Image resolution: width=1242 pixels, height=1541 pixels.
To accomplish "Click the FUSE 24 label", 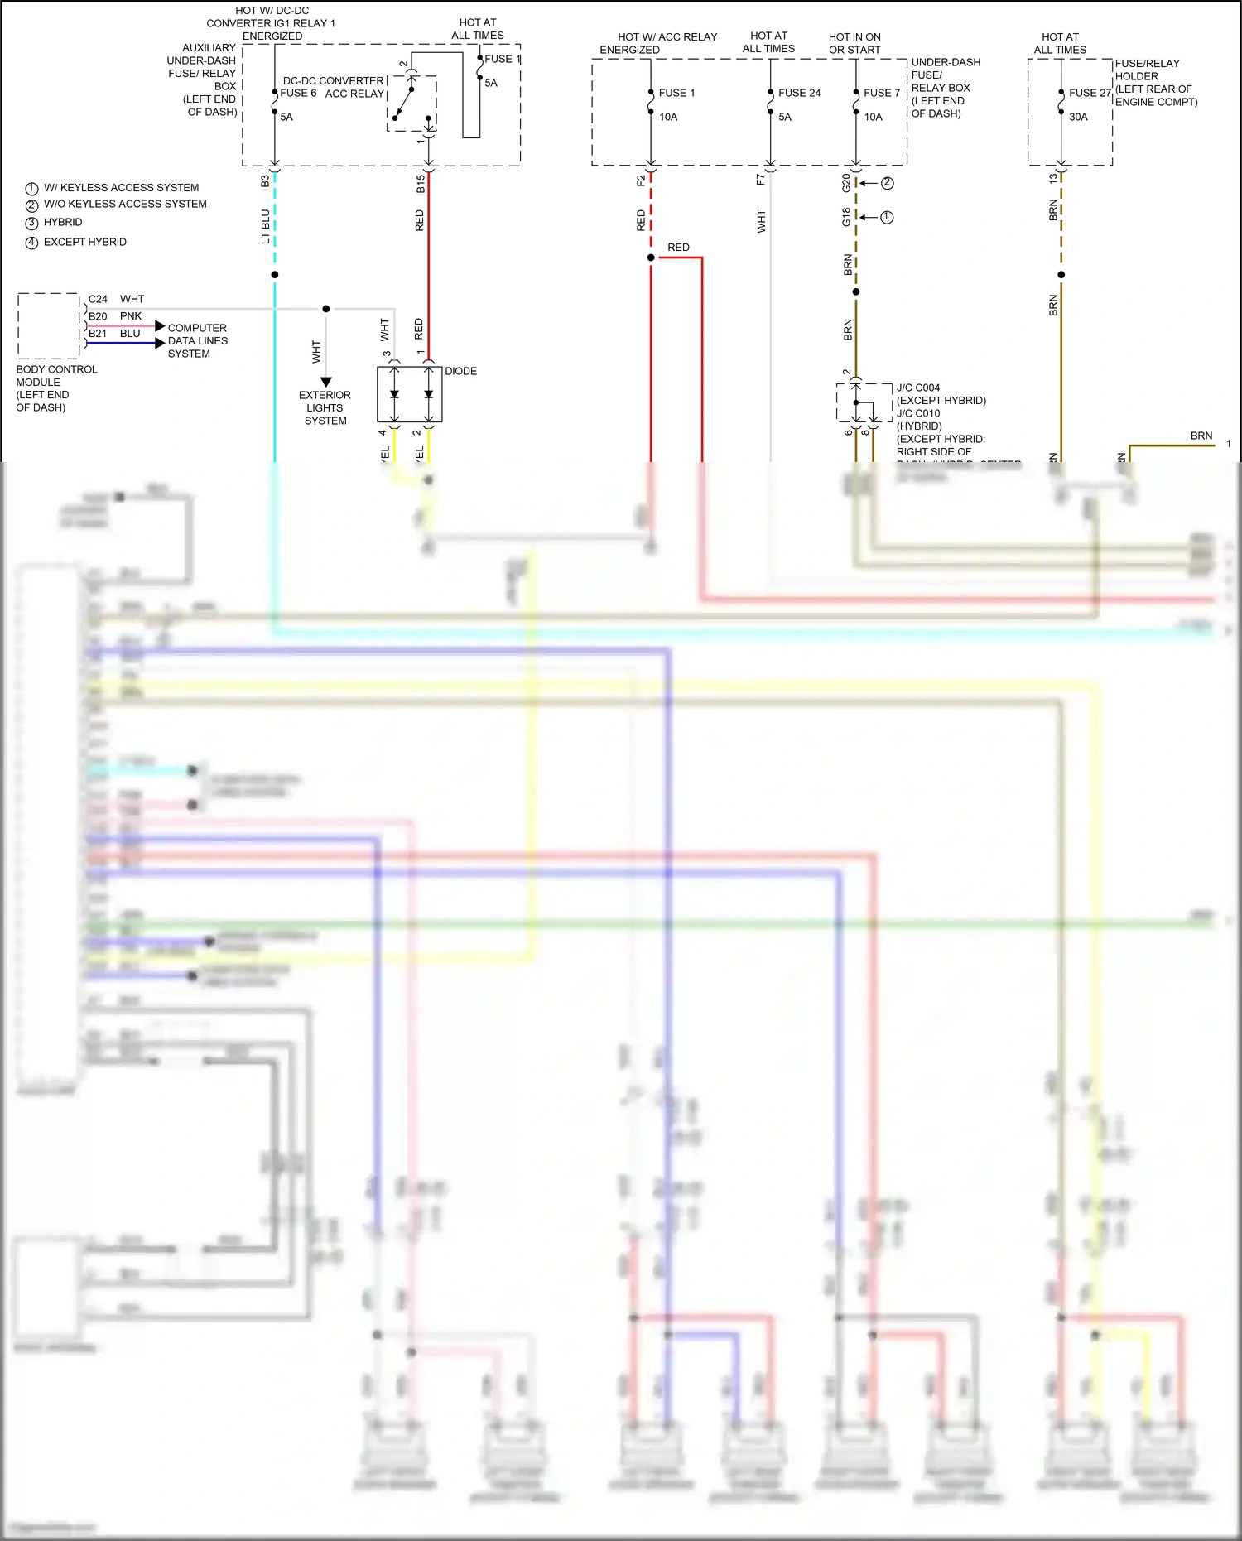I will coord(799,93).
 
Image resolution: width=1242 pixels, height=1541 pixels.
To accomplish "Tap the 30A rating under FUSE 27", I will coord(1078,117).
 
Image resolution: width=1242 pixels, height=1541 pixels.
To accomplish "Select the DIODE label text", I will coord(460,371).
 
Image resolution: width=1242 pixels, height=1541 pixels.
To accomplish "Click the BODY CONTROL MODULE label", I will coord(56,388).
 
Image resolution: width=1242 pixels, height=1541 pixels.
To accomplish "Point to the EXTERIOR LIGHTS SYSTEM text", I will coord(325,407).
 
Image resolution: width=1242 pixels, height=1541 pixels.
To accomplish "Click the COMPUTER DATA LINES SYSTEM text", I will coord(197,340).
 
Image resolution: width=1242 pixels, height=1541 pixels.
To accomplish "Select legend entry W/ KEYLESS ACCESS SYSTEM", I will coord(121,188).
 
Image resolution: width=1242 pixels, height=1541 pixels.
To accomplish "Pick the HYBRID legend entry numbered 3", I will coord(63,222).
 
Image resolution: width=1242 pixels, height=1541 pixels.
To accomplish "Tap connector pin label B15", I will coord(421,184).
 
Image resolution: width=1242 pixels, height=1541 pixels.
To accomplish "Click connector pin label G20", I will coord(845,183).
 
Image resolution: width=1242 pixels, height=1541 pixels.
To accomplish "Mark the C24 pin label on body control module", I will coord(98,299).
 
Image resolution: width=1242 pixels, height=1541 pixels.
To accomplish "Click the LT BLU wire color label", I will coord(266,226).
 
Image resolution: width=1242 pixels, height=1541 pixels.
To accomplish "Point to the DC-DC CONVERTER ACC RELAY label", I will coord(334,87).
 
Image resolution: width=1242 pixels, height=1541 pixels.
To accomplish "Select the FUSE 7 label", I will coord(881,93).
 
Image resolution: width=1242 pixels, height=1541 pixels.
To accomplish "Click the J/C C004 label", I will coord(918,388).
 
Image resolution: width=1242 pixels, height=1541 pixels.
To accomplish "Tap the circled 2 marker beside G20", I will coord(887,183).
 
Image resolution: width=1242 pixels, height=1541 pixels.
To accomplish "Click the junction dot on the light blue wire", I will coord(275,274).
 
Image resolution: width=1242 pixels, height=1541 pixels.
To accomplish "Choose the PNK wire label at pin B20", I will coord(131,316).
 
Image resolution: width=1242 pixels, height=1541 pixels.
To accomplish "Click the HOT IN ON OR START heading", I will coord(854,43).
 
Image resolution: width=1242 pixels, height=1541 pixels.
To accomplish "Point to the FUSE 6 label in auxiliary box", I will coord(298,94).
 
